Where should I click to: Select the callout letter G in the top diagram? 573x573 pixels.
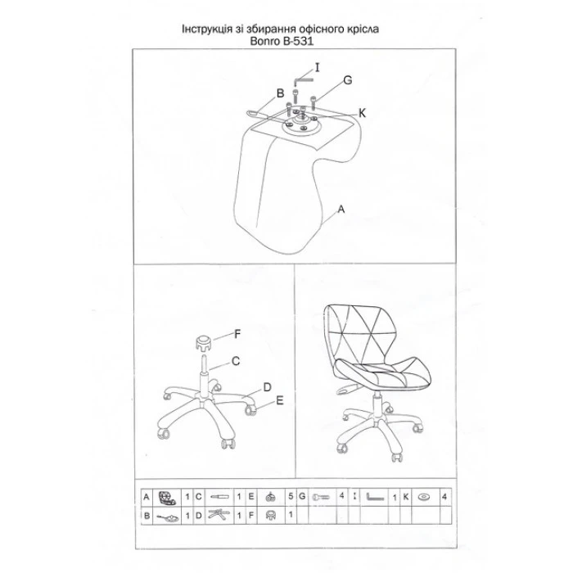click(x=347, y=80)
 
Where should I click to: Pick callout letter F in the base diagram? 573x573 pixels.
click(x=237, y=333)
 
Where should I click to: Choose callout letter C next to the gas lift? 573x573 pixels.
click(x=235, y=360)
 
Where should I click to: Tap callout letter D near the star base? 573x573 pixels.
click(x=267, y=386)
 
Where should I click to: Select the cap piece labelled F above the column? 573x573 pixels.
click(x=202, y=340)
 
